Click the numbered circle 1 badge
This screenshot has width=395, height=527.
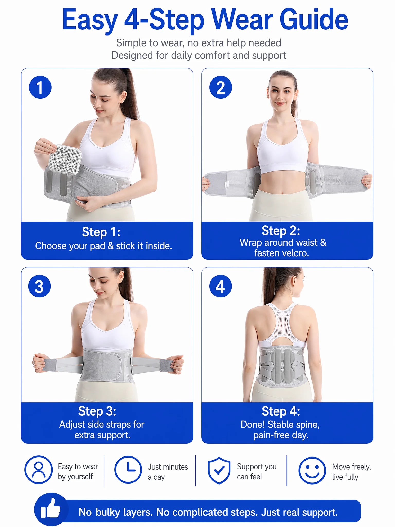[x=40, y=87]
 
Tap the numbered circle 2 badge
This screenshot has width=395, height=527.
[x=221, y=87]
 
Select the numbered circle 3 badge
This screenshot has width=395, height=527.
[x=40, y=286]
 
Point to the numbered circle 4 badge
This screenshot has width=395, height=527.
[x=220, y=286]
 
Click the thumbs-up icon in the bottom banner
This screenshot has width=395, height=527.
[x=51, y=509]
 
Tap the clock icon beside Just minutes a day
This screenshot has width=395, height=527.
[x=128, y=470]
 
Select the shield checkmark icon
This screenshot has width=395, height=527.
[x=219, y=470]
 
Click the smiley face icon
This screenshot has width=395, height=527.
[x=312, y=470]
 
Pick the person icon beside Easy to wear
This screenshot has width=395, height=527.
[x=39, y=470]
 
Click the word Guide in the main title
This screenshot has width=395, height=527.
[x=314, y=20]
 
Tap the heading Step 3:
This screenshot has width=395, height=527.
[x=97, y=411]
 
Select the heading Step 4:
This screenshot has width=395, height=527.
[x=281, y=411]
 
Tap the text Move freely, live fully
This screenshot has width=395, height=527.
[x=352, y=472]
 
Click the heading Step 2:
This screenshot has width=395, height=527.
[x=281, y=231]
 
